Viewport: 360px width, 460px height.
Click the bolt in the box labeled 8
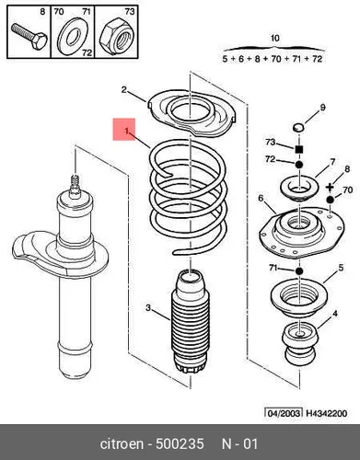(29, 38)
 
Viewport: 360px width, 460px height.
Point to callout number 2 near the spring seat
(123, 90)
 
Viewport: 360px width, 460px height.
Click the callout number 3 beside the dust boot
(148, 307)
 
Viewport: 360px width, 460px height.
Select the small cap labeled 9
(298, 127)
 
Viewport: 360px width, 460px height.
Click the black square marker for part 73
(299, 149)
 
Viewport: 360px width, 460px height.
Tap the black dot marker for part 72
(299, 165)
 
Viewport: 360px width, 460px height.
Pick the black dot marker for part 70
(330, 200)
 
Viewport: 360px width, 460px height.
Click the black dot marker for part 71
(299, 271)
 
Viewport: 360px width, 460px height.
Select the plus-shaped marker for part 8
(330, 187)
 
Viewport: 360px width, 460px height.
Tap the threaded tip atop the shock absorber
(75, 184)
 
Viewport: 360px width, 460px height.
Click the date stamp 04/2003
(284, 413)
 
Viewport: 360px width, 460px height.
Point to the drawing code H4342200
(327, 413)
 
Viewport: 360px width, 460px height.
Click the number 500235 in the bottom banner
(180, 443)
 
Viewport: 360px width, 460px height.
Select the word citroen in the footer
(122, 443)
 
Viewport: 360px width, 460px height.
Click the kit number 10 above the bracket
(275, 39)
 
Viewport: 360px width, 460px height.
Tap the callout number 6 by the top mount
(261, 199)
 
